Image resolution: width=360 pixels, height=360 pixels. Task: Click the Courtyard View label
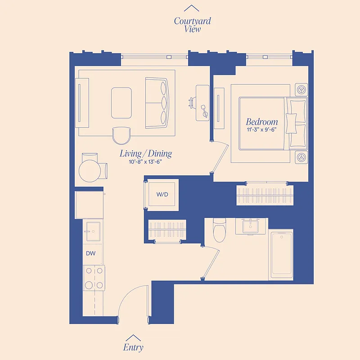click(x=192, y=25)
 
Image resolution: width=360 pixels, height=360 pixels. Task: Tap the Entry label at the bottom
click(x=133, y=347)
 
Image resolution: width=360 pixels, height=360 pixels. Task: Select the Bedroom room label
click(x=262, y=121)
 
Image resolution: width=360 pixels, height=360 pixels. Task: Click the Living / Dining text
click(x=146, y=153)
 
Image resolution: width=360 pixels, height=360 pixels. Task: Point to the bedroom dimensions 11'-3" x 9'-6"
click(x=262, y=130)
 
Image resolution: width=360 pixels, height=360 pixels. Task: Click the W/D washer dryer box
click(x=162, y=195)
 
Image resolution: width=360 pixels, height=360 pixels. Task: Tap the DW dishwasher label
click(x=90, y=253)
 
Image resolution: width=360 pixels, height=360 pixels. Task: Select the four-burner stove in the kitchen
click(x=94, y=278)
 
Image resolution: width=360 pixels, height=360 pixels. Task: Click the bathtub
click(x=282, y=254)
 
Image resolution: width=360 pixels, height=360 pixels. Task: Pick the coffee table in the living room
click(x=121, y=103)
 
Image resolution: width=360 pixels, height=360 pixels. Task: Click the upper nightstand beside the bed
click(x=301, y=88)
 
